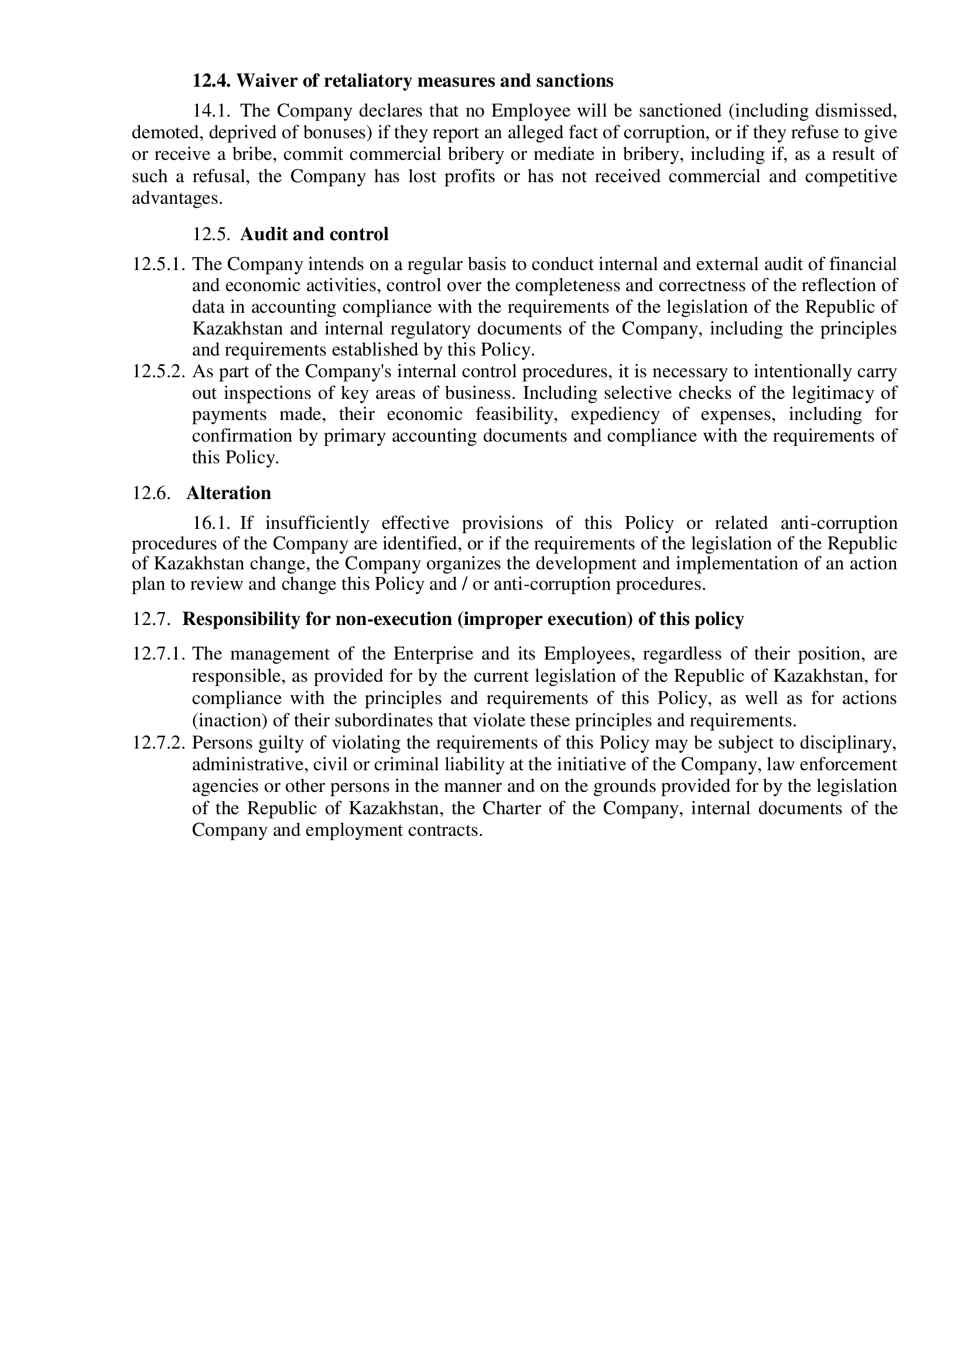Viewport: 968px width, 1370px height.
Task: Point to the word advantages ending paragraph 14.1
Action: pos(176,199)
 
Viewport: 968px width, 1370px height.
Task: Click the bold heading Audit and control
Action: pos(314,234)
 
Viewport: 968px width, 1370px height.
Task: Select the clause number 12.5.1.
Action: pos(159,264)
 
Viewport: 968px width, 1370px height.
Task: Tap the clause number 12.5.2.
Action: pos(159,372)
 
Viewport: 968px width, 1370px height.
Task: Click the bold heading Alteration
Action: pos(228,493)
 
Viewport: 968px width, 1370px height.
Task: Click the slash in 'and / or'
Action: pos(464,583)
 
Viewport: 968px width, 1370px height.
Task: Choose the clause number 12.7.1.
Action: pos(159,654)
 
